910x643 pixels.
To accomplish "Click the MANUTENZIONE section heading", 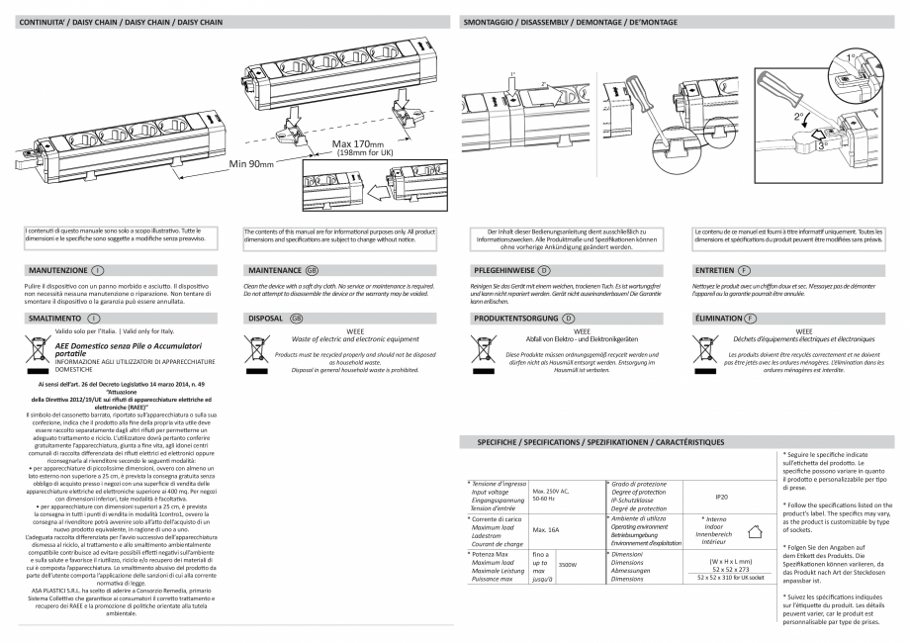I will pyautogui.click(x=54, y=268).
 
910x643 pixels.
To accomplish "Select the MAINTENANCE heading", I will pyautogui.click(x=275, y=268).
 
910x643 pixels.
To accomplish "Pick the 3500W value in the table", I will pyautogui.click(x=568, y=566).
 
